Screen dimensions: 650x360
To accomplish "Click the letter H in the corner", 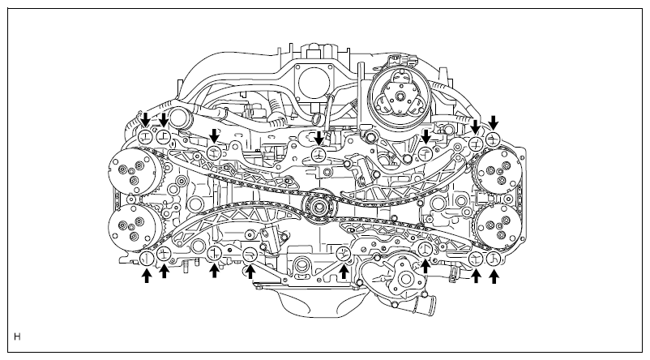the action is [x=17, y=336].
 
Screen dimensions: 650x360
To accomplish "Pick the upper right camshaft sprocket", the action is [x=498, y=172].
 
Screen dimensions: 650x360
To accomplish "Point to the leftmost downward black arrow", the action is [x=145, y=120].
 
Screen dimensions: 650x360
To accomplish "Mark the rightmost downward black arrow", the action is [x=494, y=122].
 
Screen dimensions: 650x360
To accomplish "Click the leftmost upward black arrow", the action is [x=147, y=276].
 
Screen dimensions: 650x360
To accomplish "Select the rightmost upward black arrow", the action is [x=494, y=276].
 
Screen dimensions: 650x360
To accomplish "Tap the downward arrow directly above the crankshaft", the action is [x=319, y=138].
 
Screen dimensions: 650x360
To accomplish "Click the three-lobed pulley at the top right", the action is [x=399, y=97].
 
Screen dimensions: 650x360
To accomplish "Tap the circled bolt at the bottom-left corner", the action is [x=147, y=259].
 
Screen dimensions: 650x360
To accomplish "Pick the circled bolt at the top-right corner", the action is [x=494, y=139].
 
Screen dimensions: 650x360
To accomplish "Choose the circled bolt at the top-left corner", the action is [x=145, y=136].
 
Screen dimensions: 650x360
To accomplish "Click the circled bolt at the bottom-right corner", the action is [x=494, y=259].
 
